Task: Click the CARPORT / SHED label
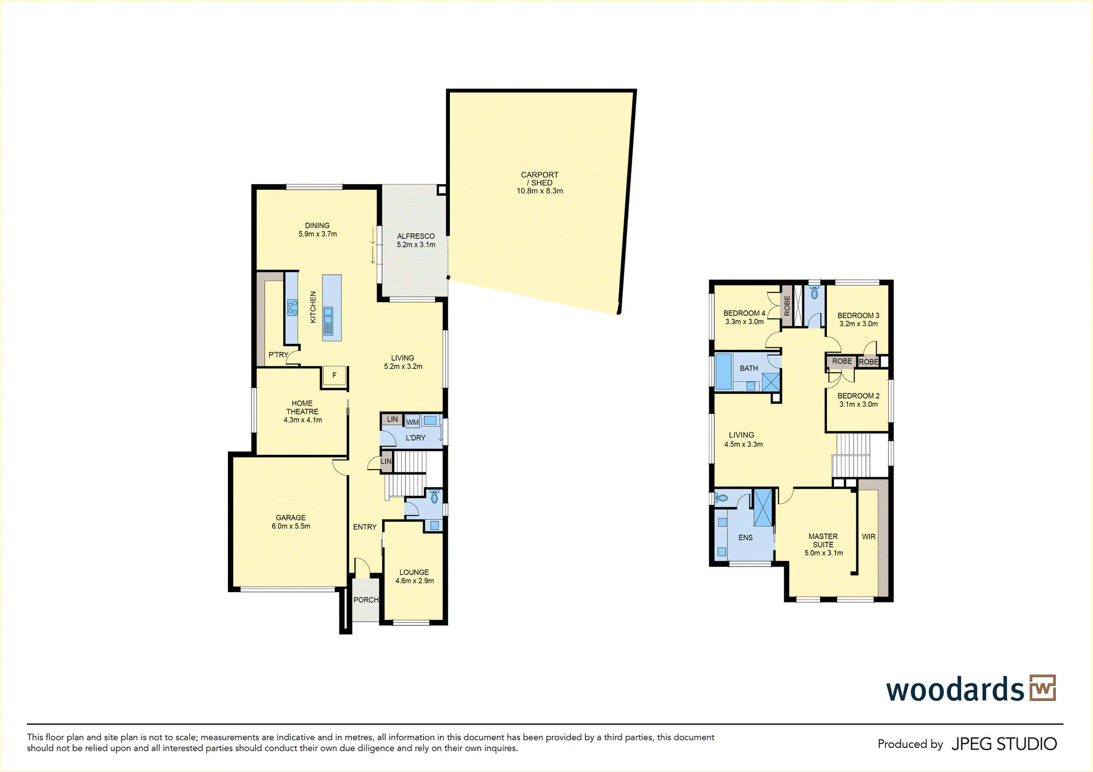(x=539, y=179)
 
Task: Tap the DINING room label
(x=317, y=225)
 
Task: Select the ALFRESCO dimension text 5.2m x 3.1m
(x=416, y=245)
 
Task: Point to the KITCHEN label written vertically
(x=313, y=307)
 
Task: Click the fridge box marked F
(x=334, y=376)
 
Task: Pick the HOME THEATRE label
(x=302, y=407)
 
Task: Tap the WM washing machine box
(x=413, y=422)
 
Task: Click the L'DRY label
(x=415, y=438)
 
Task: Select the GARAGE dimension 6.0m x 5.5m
(x=291, y=527)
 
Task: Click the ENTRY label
(x=365, y=527)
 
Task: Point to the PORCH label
(x=366, y=600)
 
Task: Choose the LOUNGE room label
(x=414, y=572)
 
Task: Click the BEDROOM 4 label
(x=744, y=313)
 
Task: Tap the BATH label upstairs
(x=749, y=369)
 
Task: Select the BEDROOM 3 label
(x=859, y=315)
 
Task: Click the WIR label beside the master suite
(x=868, y=537)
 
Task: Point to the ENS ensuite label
(x=745, y=538)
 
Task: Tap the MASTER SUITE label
(x=823, y=541)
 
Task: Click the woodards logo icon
(x=1043, y=688)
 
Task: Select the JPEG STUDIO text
(x=1004, y=744)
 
